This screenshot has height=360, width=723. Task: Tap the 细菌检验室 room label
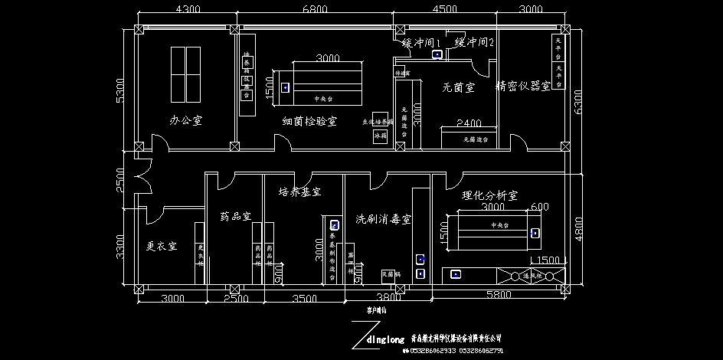click(x=309, y=121)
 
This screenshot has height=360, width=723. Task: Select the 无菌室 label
click(x=458, y=87)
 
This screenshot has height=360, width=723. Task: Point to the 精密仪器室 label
click(x=524, y=86)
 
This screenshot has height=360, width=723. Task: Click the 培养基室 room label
click(x=299, y=191)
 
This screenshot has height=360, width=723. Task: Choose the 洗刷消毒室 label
click(x=384, y=219)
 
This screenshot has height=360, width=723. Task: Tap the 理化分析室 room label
click(x=490, y=196)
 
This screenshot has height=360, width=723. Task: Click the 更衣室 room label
click(x=162, y=246)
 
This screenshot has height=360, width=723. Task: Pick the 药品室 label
click(x=236, y=216)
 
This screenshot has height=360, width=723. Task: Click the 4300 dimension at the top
click(x=188, y=10)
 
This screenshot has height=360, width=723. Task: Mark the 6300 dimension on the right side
click(x=581, y=98)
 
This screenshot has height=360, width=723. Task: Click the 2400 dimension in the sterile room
click(x=469, y=123)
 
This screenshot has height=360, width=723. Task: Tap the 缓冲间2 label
click(x=474, y=42)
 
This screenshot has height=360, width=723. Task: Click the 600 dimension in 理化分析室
click(x=539, y=207)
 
